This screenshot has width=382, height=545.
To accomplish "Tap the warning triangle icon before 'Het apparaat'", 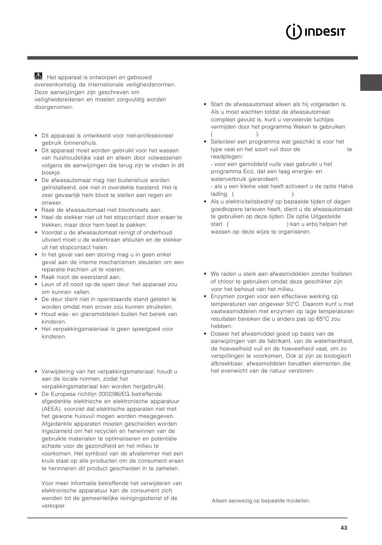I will pyautogui.click(x=39, y=76).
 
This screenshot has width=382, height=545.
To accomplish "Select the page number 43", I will pyautogui.click(x=343, y=528).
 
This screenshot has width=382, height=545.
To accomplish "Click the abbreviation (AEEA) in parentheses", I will pyautogui.click(x=51, y=409).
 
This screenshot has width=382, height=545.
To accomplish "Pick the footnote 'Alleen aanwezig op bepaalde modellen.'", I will pyautogui.click(x=261, y=501).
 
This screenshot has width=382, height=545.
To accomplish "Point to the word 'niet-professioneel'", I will pyautogui.click(x=149, y=135).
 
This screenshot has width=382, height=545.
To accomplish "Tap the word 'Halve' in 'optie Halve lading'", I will pyautogui.click(x=345, y=186).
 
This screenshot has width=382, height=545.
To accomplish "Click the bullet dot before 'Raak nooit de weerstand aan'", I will pyautogui.click(x=36, y=277).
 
